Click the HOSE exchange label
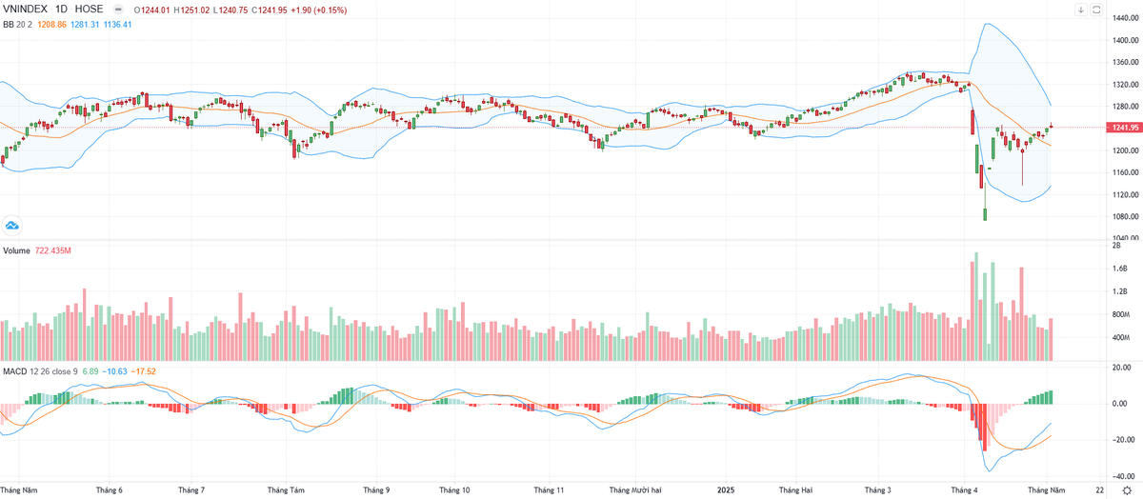91,10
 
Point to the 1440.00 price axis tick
1125,40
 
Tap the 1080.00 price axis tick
1125,216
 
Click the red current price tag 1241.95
1125,128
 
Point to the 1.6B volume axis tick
1120,269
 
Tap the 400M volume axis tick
1121,338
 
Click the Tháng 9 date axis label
376,489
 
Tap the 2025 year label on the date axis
726,489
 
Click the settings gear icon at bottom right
1126,489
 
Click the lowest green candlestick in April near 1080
985,214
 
